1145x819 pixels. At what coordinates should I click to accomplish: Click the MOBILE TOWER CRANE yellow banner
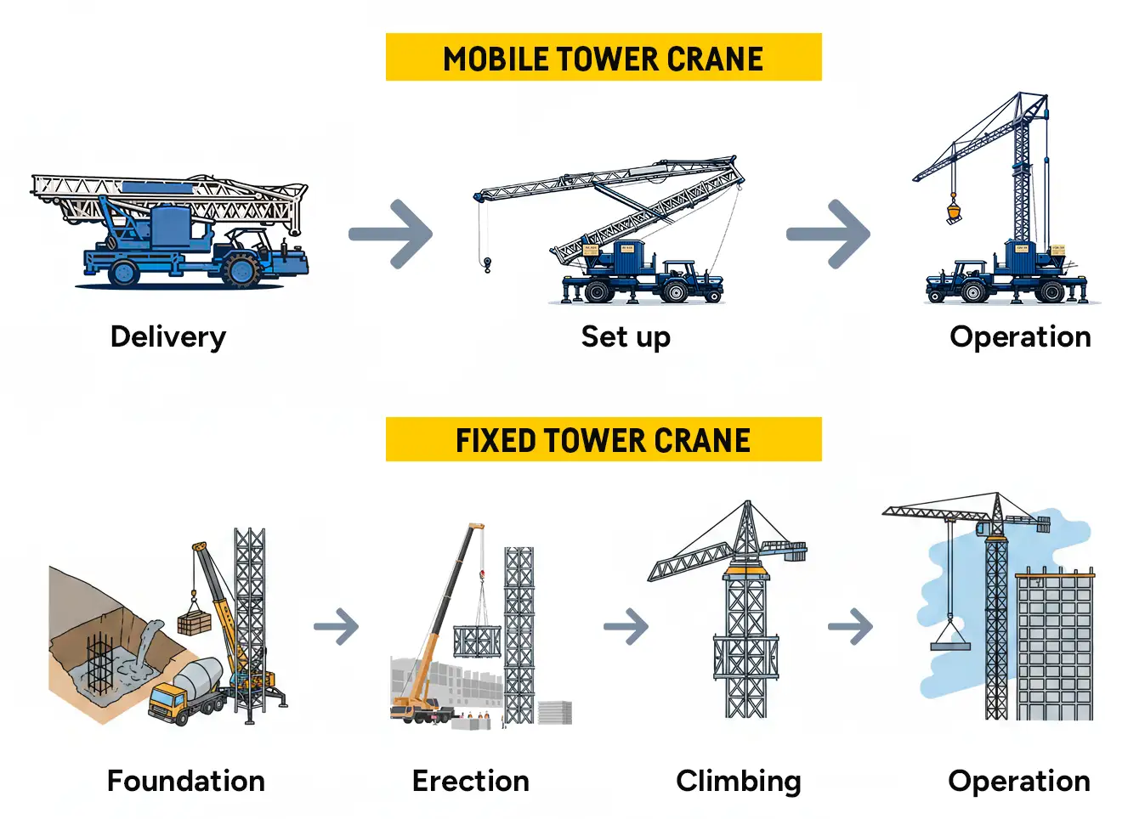(x=604, y=58)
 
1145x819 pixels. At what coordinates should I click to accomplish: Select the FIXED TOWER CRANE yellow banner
(x=604, y=439)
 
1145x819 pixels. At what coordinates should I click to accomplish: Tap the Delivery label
(x=168, y=337)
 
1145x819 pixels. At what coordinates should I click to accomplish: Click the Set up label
(x=626, y=337)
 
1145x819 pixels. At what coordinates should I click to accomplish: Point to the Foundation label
(x=185, y=781)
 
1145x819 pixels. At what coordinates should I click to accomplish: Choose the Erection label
(x=470, y=781)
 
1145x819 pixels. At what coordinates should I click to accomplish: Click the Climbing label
(x=738, y=781)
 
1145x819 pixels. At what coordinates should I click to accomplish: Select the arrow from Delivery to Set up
(x=392, y=234)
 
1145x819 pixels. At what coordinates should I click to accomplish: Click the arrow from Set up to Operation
(x=829, y=234)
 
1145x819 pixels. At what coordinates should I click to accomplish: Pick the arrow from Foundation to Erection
(x=337, y=627)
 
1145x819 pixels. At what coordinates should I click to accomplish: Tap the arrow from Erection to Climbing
(x=627, y=627)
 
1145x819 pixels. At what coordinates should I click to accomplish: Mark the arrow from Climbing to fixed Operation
(x=852, y=627)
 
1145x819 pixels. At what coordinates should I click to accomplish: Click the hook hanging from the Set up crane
(x=487, y=266)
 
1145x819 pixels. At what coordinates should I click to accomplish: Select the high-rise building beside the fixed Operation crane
(x=1055, y=646)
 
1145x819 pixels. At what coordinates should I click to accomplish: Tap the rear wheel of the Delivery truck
(x=124, y=272)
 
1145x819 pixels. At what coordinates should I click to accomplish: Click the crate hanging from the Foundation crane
(x=195, y=624)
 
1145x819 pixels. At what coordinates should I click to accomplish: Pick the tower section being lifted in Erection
(x=477, y=641)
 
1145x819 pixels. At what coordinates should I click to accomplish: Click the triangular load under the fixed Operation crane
(x=950, y=637)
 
